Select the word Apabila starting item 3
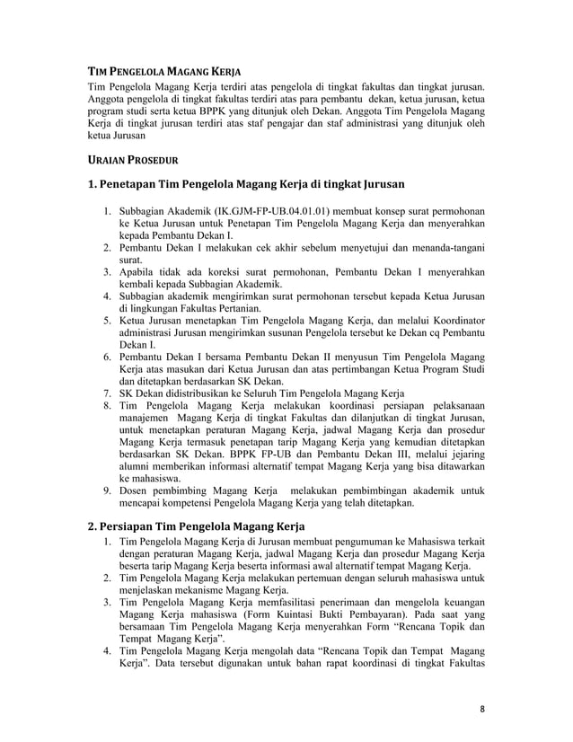coord(139,271)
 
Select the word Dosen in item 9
coord(136,491)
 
